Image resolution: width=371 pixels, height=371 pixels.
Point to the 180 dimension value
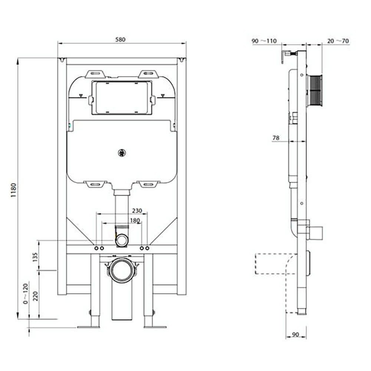pos(135,220)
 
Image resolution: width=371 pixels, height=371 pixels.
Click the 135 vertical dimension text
pos(35,257)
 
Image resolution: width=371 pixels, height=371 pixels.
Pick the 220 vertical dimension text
pos(35,296)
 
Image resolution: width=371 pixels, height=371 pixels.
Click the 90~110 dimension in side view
pos(264,41)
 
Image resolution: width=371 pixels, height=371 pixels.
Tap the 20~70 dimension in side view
pos(338,41)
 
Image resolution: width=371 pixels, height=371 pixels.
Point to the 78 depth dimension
pos(276,138)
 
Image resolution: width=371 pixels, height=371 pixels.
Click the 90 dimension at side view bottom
pos(295,335)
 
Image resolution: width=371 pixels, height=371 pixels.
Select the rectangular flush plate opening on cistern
pos(122,97)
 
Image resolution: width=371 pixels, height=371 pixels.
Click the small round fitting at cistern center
pos(121,152)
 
